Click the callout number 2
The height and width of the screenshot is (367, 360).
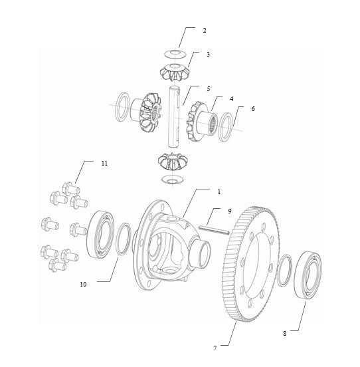click(x=205, y=31)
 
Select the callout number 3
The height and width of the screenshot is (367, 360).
click(x=208, y=54)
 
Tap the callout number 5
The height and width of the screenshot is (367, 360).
click(x=208, y=88)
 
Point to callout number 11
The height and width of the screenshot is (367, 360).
click(x=104, y=163)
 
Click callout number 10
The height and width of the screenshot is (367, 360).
click(x=83, y=284)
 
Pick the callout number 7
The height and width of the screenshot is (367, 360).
click(x=215, y=346)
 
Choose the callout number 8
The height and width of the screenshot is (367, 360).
click(x=284, y=333)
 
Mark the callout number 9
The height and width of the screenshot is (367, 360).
click(x=229, y=211)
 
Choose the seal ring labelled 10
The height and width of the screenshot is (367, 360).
click(x=122, y=239)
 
